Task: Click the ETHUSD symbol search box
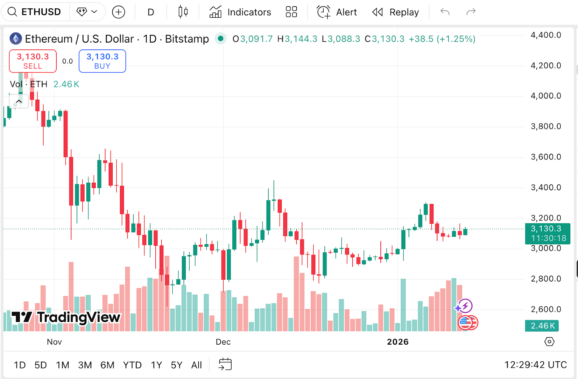coord(35,12)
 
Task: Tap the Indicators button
coord(240,12)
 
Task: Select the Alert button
coord(337,12)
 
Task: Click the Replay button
coord(396,12)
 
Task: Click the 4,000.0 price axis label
coord(545,96)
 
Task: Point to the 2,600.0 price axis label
coord(545,309)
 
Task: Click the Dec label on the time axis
coord(223,342)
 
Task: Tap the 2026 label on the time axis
coord(397,342)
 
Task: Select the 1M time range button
coord(62,365)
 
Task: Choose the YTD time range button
coord(132,365)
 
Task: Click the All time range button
coord(197,365)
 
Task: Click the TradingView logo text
coord(66,317)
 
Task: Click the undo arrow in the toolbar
coord(445,12)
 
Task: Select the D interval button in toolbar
coord(151,12)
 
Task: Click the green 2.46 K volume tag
coord(542,326)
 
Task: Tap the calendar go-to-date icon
coord(225,364)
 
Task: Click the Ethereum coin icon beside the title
coord(16,39)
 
